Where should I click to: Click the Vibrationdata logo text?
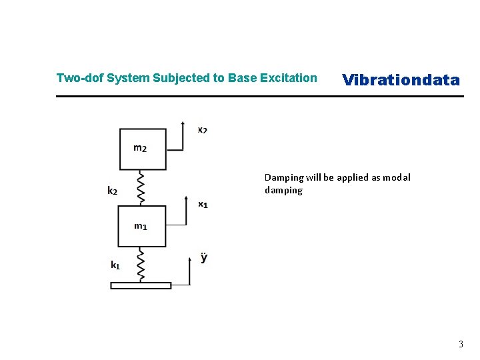401,80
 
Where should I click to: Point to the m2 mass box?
142,149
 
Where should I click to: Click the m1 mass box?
141,226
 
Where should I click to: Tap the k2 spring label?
113,191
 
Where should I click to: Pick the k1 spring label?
115,265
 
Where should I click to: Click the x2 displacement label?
202,129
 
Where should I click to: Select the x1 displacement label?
203,204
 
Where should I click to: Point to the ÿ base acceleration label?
203,257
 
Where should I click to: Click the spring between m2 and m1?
141,188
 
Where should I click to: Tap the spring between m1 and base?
141,264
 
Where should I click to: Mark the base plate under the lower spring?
141,285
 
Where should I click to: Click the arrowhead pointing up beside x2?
183,123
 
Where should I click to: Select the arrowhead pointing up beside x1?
184,198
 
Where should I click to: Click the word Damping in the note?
283,177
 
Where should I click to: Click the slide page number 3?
460,345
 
